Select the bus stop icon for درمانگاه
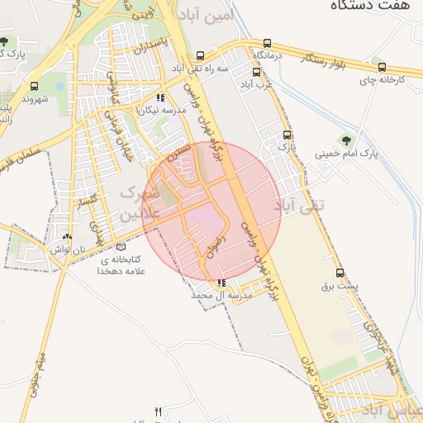click(x=267, y=43)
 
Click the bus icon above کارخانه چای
click(x=381, y=68)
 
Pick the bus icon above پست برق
click(x=340, y=273)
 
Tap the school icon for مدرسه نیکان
click(x=159, y=97)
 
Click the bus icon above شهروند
click(x=34, y=86)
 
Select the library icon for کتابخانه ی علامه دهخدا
click(x=121, y=246)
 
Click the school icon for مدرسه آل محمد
click(x=221, y=283)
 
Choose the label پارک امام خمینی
click(x=346, y=154)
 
